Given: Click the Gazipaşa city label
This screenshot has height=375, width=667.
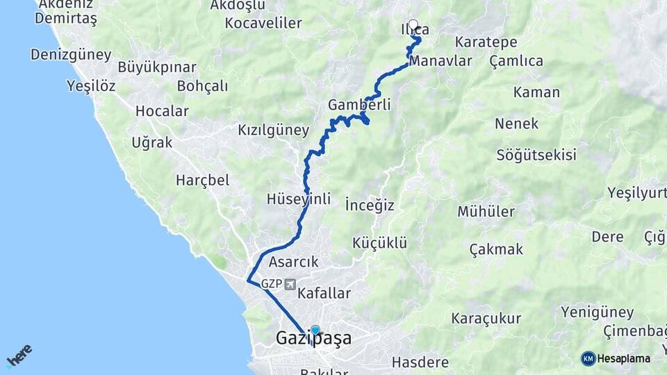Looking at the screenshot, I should tap(313, 339).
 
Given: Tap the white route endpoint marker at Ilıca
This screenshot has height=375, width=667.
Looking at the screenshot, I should tap(413, 26).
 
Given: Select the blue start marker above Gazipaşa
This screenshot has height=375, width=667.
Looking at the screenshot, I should tap(315, 331).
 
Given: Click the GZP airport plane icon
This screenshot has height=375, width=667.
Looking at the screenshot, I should tap(290, 285).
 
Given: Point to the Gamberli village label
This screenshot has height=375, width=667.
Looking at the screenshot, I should tap(359, 105).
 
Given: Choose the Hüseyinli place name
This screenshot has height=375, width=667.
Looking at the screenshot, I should tap(298, 199).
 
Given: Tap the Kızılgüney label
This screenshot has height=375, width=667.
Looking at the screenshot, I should tap(273, 130).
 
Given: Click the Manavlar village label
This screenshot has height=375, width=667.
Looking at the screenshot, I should tap(440, 61).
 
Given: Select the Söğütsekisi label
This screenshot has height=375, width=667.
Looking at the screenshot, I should tap(536, 155).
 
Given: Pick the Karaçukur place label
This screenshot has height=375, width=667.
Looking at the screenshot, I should tap(486, 319).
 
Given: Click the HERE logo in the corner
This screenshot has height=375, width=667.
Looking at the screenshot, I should tap(19, 356).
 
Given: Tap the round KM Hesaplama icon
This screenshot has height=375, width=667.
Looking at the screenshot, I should tap(588, 358).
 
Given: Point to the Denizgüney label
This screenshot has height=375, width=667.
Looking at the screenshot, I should tap(70, 54).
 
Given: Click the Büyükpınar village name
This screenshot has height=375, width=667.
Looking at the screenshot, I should tap(157, 68).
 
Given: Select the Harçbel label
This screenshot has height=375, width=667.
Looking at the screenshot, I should tap(202, 180).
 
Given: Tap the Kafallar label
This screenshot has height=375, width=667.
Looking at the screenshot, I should tap(324, 294).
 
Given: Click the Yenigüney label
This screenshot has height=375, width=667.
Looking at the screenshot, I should tap(598, 312).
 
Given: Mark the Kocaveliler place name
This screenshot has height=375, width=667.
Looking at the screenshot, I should tap(263, 23).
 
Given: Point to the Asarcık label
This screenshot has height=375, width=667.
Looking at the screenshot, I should tap(293, 262).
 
